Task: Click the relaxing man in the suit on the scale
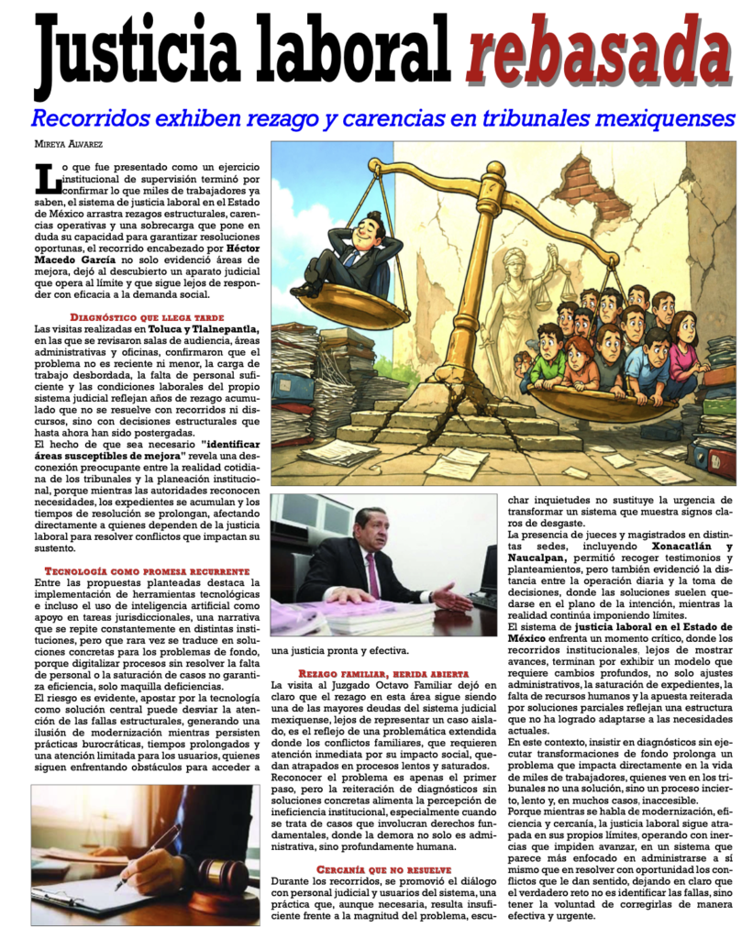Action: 353,251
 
